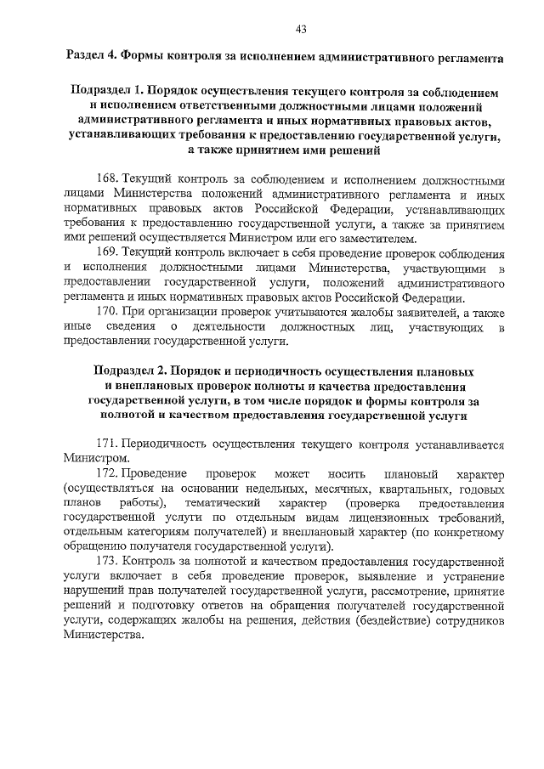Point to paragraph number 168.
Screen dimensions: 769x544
pyautogui.click(x=108, y=180)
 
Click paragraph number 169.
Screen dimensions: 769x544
pyautogui.click(x=108, y=254)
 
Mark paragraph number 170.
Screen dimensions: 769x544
pyautogui.click(x=108, y=313)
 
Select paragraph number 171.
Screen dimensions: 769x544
pyautogui.click(x=108, y=444)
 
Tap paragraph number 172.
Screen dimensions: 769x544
pyautogui.click(x=108, y=472)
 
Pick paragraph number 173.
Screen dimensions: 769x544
pyautogui.click(x=108, y=561)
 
